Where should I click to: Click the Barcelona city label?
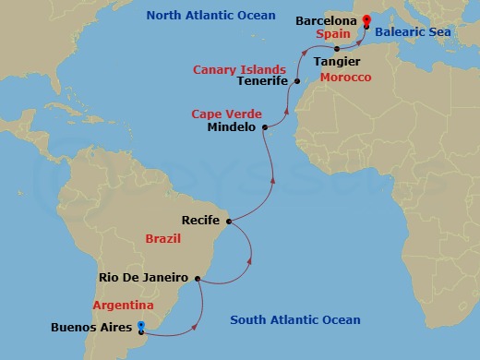325,19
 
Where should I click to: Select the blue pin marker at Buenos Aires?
140,326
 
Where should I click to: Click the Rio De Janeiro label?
143,277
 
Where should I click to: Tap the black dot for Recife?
228,222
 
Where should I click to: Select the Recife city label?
202,221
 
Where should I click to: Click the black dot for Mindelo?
264,127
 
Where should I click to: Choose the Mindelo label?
234,128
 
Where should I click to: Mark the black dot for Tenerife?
297,81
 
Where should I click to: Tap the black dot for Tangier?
336,48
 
